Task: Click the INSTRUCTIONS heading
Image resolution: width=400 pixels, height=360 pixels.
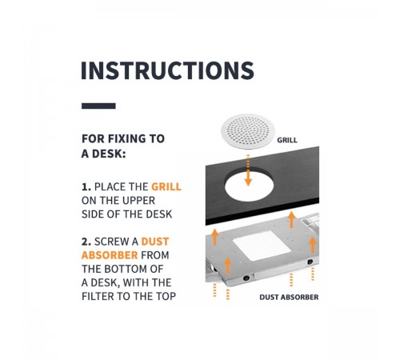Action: tap(167, 70)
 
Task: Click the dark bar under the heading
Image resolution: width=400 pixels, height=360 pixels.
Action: tap(98, 106)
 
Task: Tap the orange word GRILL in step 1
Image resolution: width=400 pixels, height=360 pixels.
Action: tap(166, 186)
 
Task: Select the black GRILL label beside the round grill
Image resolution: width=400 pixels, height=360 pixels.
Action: tap(287, 140)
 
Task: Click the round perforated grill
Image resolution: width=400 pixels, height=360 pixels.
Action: tap(248, 131)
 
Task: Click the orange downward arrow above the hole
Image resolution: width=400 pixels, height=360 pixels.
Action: tap(248, 170)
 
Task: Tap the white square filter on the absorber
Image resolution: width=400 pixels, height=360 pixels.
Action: tap(262, 246)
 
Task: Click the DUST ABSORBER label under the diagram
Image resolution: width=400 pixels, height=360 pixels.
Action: tap(289, 297)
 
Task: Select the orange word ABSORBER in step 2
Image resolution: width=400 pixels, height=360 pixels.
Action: tap(110, 255)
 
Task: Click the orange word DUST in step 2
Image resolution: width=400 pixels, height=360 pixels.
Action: tap(155, 242)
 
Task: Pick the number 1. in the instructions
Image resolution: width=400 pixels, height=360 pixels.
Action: tap(86, 187)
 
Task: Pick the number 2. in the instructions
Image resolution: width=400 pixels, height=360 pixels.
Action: tap(86, 242)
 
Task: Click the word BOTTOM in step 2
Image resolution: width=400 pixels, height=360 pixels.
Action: tap(125, 269)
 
